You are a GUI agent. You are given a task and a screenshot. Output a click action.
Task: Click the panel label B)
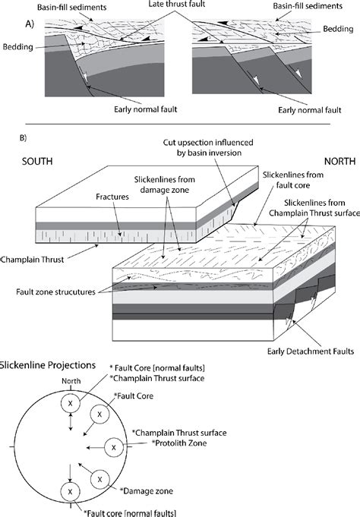[25, 138]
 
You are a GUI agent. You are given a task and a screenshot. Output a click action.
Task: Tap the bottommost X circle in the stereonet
[71, 493]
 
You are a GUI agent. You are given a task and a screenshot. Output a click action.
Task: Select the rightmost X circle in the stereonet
[113, 448]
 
